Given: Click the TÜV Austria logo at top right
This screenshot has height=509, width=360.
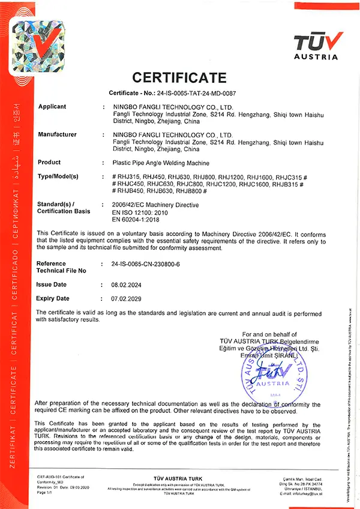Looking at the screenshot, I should coord(318,44).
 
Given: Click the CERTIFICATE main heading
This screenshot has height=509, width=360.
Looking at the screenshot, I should coord(179,77).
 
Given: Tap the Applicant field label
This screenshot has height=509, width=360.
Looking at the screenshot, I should coord(52,106).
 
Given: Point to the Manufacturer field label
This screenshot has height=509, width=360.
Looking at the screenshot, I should coord(57,134).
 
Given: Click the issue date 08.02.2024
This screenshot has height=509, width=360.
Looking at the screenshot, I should coord(125,285).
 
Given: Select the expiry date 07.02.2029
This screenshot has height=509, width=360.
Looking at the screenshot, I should coord(125,298).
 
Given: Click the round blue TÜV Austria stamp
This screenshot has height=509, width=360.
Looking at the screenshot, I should coord(274,373).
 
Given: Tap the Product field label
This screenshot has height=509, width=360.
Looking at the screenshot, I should coord(49,163).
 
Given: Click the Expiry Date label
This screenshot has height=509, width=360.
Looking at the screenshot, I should coord(53,298).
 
